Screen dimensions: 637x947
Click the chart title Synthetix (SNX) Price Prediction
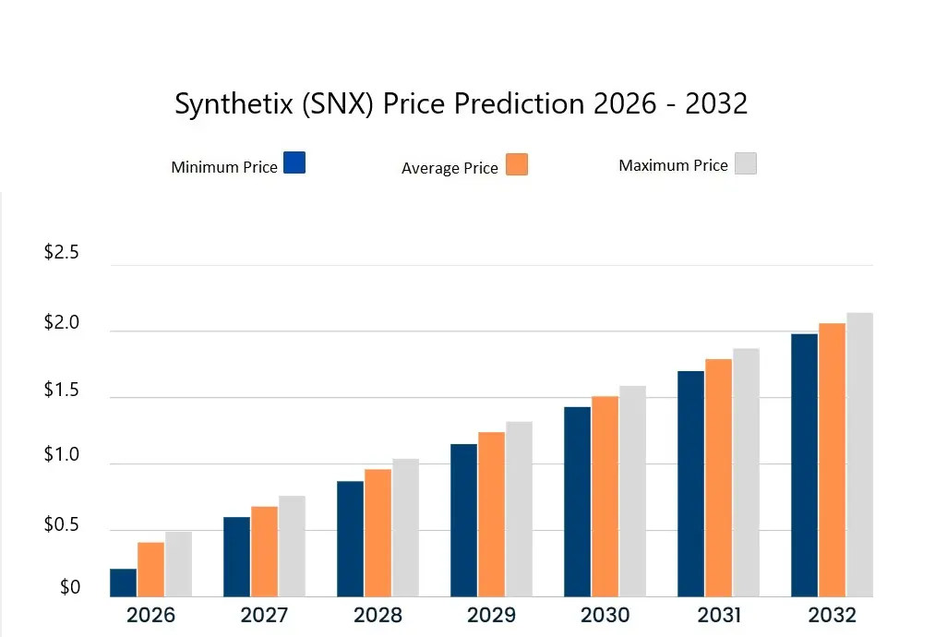click(461, 103)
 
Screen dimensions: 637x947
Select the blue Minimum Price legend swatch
click(294, 162)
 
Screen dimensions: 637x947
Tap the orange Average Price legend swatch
click(517, 164)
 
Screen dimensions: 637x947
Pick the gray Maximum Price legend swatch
click(745, 163)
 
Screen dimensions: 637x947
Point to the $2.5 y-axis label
click(62, 253)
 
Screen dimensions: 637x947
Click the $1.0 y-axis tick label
click(62, 456)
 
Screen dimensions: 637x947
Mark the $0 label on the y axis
click(70, 587)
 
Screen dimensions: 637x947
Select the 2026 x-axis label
click(150, 615)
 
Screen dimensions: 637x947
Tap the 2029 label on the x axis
click(491, 615)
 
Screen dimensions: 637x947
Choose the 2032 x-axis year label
click(832, 615)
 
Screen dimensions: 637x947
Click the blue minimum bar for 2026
click(124, 583)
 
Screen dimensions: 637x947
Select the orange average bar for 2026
click(150, 570)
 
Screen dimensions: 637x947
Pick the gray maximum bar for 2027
click(292, 547)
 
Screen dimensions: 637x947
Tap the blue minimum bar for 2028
click(350, 539)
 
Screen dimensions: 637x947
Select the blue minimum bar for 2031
click(690, 484)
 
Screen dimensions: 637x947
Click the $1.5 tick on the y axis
click(62, 391)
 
